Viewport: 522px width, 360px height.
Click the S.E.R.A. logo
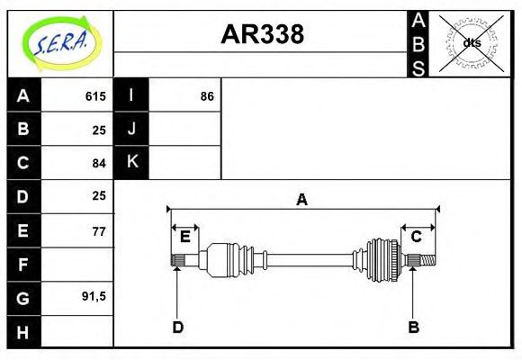click(59, 40)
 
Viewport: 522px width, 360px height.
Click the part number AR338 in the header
click(262, 34)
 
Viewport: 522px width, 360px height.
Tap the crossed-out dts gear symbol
click(471, 42)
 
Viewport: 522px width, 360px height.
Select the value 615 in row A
click(95, 96)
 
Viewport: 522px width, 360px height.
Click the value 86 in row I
click(207, 96)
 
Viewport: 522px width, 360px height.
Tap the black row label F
click(23, 264)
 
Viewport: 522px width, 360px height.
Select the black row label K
click(131, 163)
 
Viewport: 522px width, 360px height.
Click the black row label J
click(131, 130)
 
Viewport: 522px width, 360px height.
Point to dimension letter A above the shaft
click(302, 200)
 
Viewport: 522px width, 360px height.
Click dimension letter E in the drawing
click(184, 237)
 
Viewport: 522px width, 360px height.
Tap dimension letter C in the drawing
click(416, 237)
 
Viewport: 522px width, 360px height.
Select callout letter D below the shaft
click(177, 328)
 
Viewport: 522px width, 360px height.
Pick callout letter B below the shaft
click(413, 328)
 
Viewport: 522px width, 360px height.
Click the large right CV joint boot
click(382, 260)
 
